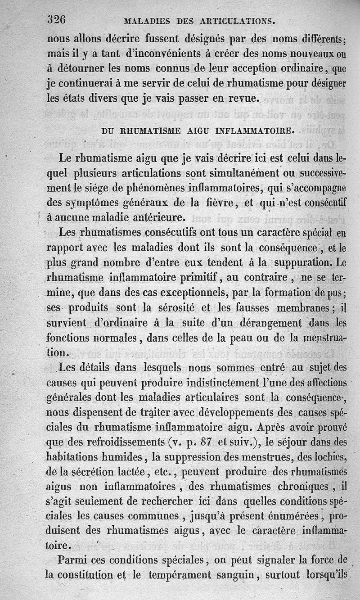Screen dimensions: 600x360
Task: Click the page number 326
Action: [57, 19]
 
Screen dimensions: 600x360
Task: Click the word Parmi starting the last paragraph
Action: [73, 559]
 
